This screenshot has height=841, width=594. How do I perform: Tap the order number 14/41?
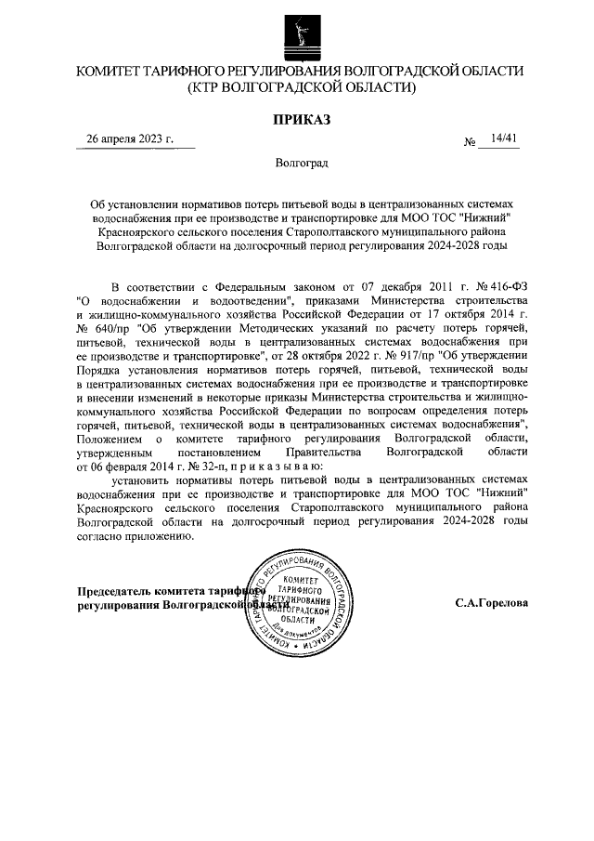pos(505,138)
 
